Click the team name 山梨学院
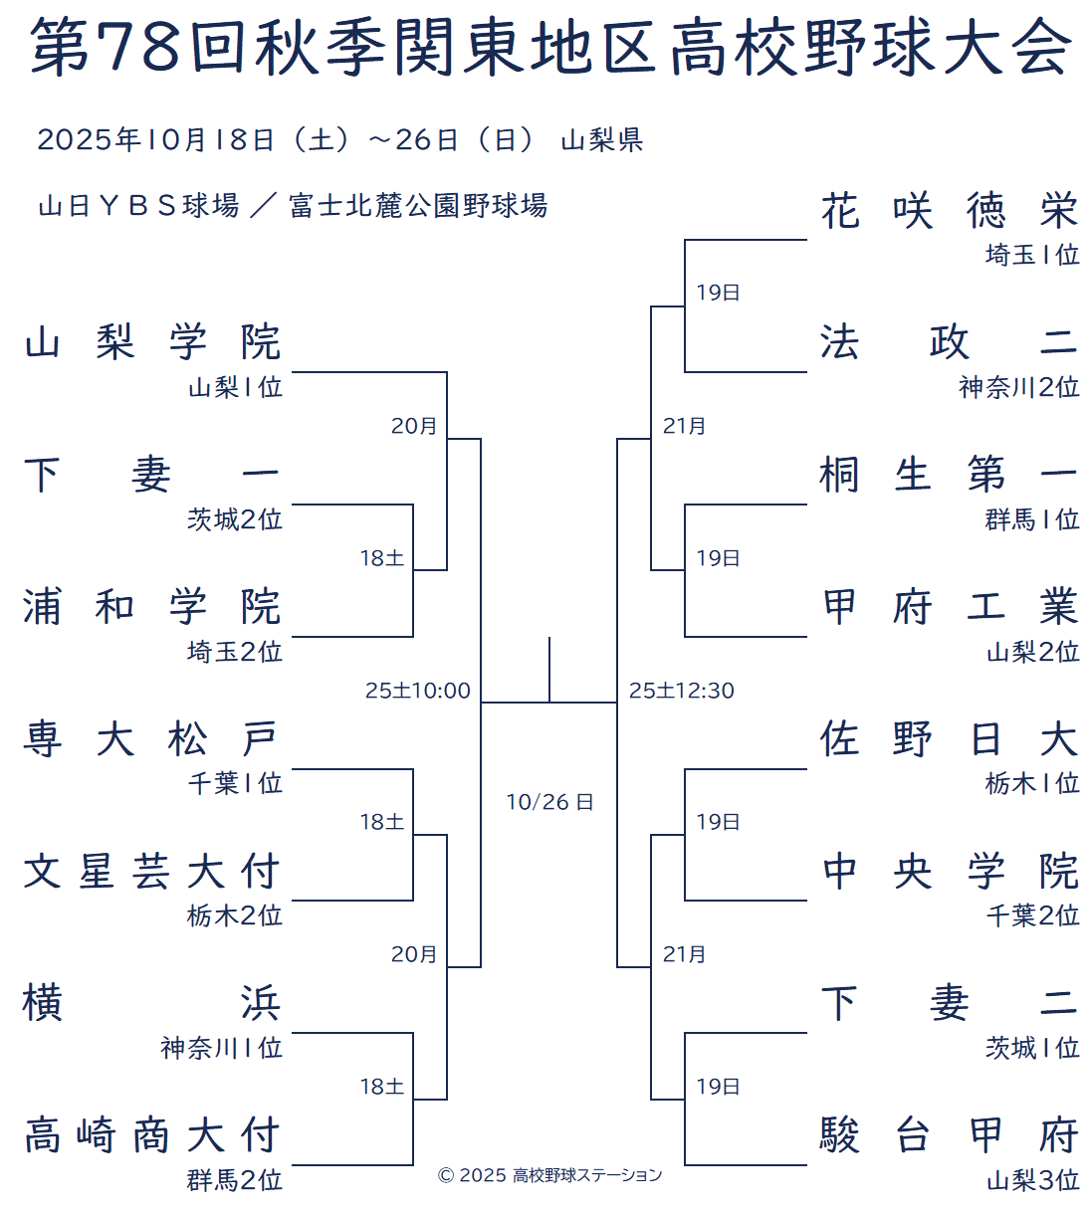tap(153, 342)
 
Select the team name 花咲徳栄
tap(949, 210)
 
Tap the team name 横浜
tap(153, 1003)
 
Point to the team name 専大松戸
tap(153, 739)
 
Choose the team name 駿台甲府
tap(949, 1135)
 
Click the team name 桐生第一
tap(949, 475)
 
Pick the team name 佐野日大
tap(949, 739)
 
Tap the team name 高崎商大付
tap(153, 1135)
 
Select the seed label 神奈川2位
tap(1019, 387)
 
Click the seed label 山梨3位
tap(1032, 1180)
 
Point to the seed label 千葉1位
tap(235, 783)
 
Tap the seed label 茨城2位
tap(235, 519)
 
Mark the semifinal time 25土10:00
tap(418, 691)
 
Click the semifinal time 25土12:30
tap(682, 691)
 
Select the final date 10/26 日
tap(549, 802)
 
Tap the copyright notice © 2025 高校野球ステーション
tap(549, 1175)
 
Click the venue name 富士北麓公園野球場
tap(418, 206)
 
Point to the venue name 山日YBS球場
tap(138, 206)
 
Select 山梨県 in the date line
tap(601, 140)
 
